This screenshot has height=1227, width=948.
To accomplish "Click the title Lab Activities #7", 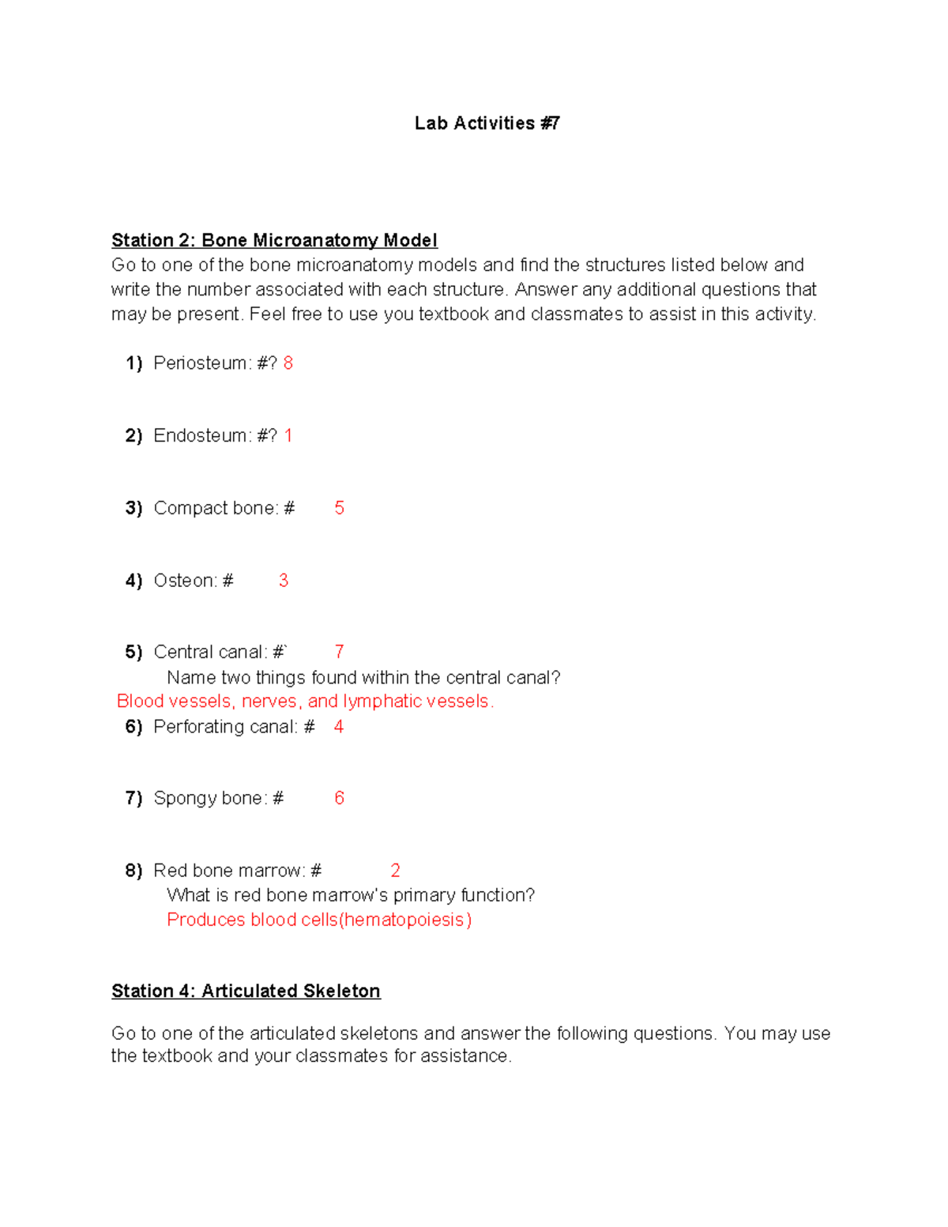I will (x=487, y=123).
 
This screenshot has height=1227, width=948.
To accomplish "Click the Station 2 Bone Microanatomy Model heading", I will (x=274, y=240).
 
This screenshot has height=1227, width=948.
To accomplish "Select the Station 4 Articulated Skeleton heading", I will (x=246, y=991).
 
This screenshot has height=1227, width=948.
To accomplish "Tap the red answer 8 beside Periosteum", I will (x=288, y=363).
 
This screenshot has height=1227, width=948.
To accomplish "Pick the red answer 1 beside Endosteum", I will (x=288, y=436).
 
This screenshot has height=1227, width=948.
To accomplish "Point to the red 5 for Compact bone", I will (x=339, y=508).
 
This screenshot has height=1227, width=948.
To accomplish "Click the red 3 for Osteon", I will (x=284, y=581).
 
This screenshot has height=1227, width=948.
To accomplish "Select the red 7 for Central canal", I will (x=339, y=652).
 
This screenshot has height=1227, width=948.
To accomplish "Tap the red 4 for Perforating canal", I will (x=339, y=727).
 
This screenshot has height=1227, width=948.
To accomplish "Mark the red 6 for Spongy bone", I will (x=339, y=798).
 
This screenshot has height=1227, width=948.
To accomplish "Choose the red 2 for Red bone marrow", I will (x=395, y=871).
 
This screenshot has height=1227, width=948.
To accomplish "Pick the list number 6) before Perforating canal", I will (x=134, y=727).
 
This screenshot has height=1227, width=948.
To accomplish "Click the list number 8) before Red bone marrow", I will (x=134, y=871).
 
